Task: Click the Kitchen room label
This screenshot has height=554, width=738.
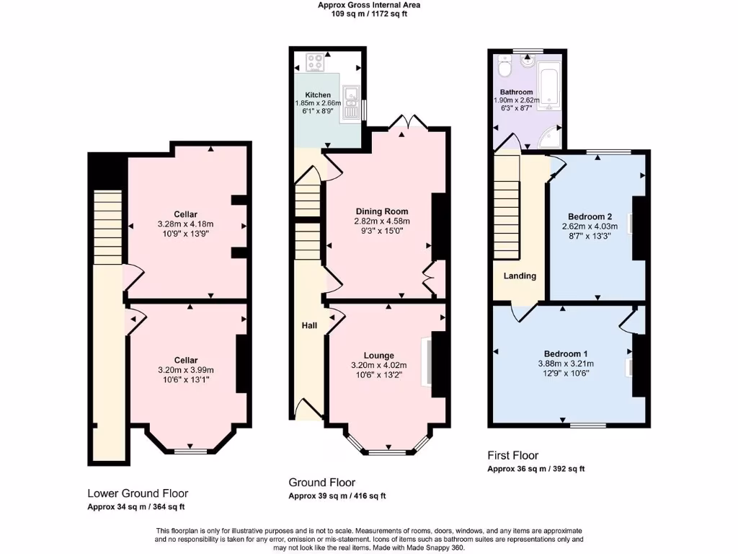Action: point(318,94)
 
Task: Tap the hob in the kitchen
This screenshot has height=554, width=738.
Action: point(315,63)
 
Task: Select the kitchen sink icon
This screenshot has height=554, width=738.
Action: point(351,102)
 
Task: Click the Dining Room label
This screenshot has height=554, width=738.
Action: point(381,211)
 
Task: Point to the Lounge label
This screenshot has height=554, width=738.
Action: point(378,355)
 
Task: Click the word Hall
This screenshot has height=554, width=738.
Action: point(309,326)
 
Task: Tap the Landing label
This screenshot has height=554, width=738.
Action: point(520,276)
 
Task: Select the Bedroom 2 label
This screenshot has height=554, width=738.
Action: point(590,216)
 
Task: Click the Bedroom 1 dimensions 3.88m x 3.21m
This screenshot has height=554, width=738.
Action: point(566,364)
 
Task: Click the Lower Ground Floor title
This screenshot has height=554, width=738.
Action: point(138,493)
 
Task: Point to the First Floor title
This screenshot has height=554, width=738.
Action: point(512,455)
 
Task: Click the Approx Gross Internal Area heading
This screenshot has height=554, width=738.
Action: point(369,5)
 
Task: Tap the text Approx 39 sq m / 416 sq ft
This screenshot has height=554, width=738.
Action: point(337,496)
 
